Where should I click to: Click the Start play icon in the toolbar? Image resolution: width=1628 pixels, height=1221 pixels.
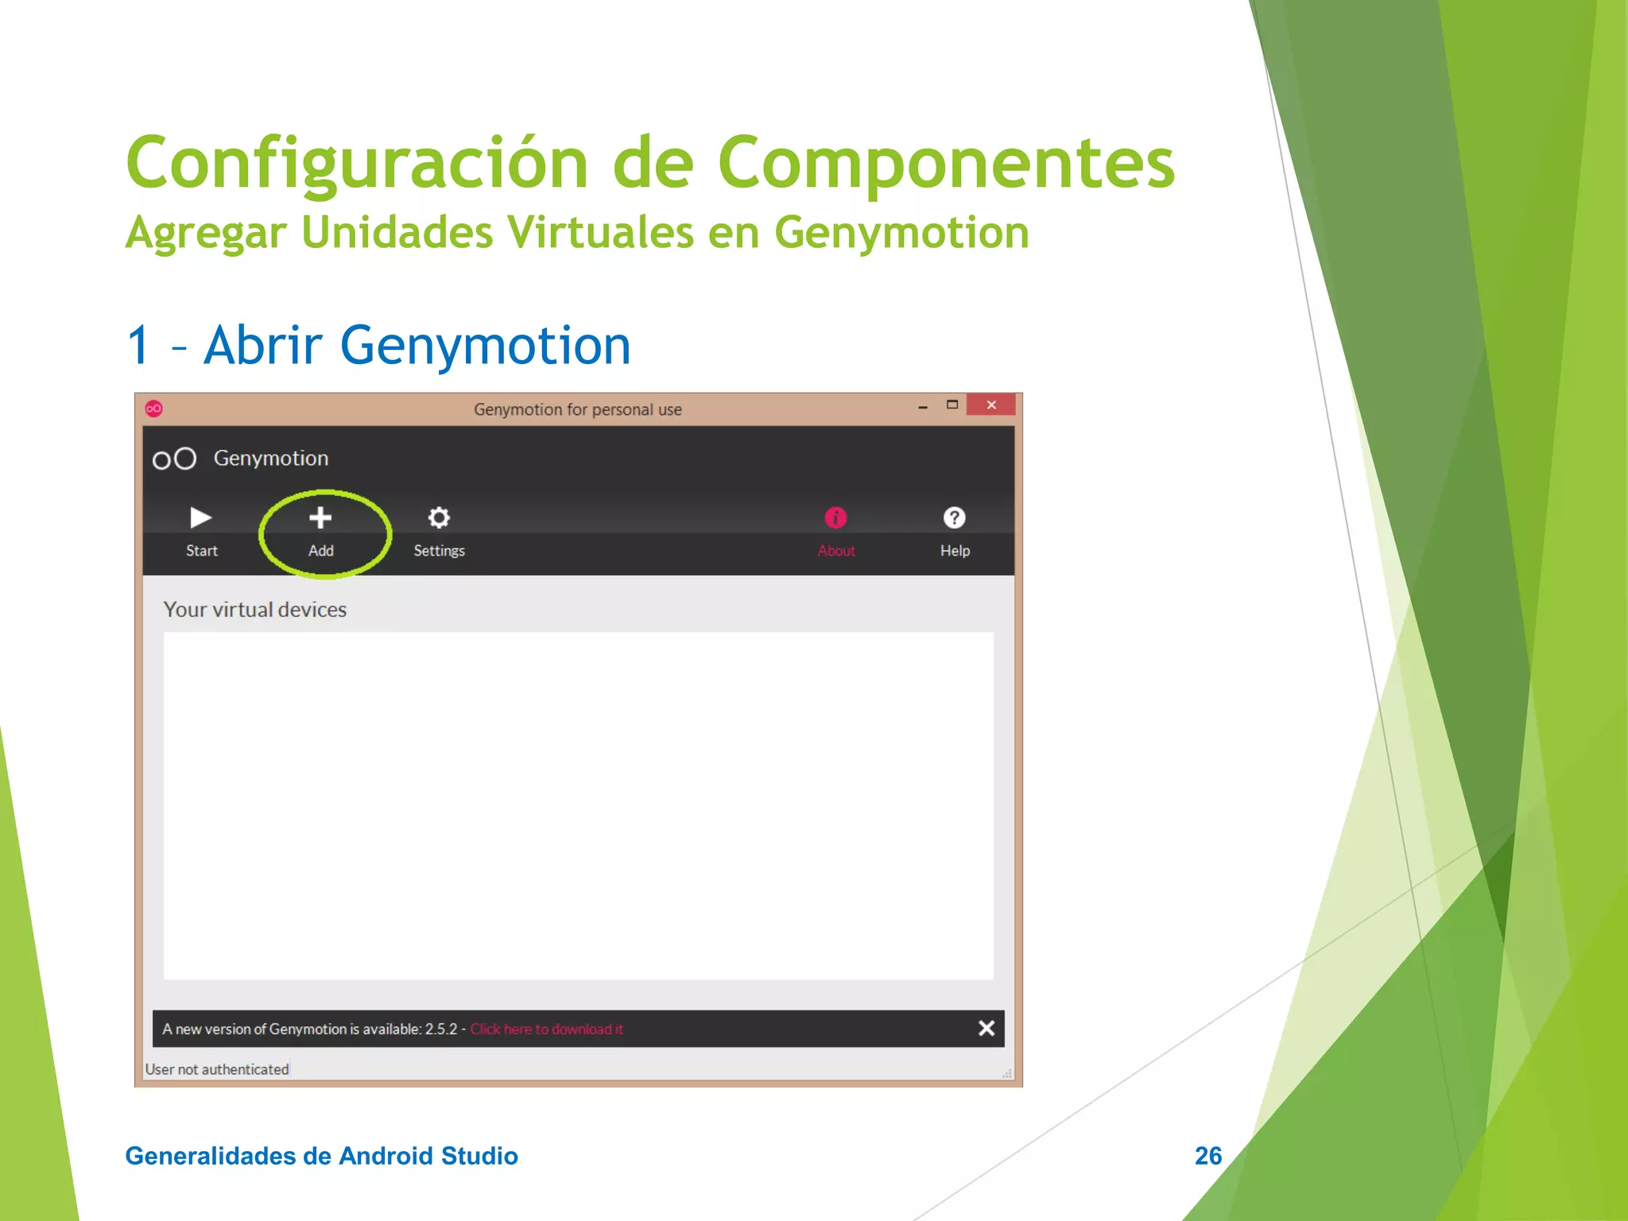(200, 518)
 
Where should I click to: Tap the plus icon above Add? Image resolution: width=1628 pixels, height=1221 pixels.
(320, 518)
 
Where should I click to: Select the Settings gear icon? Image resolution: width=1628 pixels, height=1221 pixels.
(439, 518)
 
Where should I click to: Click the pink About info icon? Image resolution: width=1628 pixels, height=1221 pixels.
(835, 518)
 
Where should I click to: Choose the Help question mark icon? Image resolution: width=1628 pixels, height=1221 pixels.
(954, 518)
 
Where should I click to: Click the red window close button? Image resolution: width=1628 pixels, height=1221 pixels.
(990, 405)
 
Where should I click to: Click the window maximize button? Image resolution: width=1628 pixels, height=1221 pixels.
(952, 405)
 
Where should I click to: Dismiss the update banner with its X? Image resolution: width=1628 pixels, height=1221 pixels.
(986, 1029)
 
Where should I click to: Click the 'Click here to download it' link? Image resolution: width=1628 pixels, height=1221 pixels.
(546, 1029)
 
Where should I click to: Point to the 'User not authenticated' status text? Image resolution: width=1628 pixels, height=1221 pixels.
(217, 1070)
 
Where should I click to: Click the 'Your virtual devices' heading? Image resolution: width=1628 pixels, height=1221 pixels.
(255, 610)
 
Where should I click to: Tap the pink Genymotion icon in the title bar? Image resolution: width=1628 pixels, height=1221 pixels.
(154, 409)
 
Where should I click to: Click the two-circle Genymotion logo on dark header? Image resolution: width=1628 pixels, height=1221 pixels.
(174, 459)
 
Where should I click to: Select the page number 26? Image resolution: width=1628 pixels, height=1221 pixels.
(1208, 1156)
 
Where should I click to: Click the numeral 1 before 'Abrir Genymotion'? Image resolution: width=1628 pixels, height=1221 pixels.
(139, 346)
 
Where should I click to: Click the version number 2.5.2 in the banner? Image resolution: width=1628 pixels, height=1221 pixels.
(441, 1029)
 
